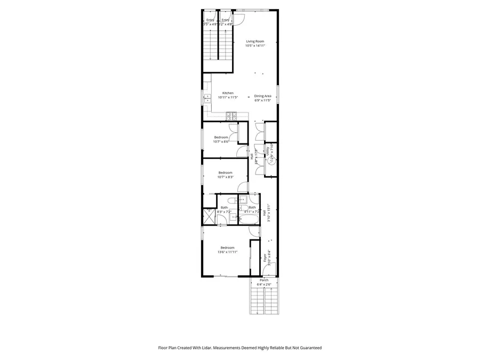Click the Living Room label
(255, 41)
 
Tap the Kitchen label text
(228, 93)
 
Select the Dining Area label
(262, 96)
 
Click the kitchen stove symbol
(231, 115)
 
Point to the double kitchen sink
(207, 98)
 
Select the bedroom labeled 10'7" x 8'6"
(221, 139)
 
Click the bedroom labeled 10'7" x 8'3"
(225, 174)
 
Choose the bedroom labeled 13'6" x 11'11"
(227, 249)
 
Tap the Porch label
(264, 280)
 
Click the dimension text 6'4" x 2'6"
(264, 284)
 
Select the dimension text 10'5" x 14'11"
(255, 45)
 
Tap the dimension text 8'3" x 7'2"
(225, 212)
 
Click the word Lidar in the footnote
(199, 348)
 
